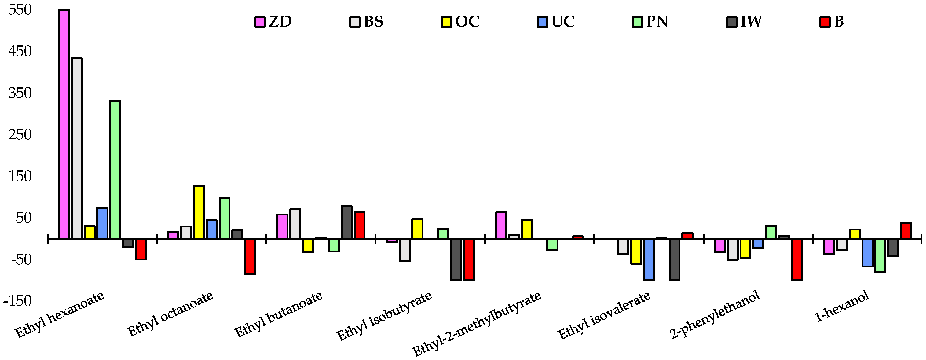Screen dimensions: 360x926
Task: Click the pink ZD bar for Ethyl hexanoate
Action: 64,124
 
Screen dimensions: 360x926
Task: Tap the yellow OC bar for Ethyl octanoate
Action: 199,212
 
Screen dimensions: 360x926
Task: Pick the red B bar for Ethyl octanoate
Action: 250,256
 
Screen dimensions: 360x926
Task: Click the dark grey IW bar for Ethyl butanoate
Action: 346,222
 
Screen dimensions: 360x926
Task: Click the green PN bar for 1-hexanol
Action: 880,255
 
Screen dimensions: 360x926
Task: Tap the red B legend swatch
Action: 825,22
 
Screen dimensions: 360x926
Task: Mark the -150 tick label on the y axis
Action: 17,301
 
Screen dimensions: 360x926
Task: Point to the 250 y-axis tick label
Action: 20,135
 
